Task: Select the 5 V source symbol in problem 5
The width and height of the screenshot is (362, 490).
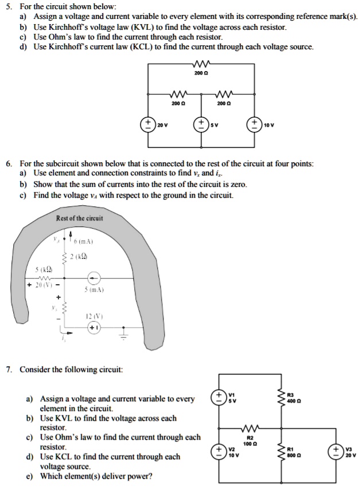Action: (x=202, y=124)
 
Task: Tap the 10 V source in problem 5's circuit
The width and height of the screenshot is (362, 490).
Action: (x=254, y=124)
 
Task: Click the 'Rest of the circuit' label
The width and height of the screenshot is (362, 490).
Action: (x=80, y=218)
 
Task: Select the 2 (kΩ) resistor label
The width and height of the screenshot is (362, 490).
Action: (x=79, y=256)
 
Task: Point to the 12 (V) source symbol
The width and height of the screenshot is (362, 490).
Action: (x=94, y=327)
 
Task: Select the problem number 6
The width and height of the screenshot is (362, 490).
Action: (x=9, y=163)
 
